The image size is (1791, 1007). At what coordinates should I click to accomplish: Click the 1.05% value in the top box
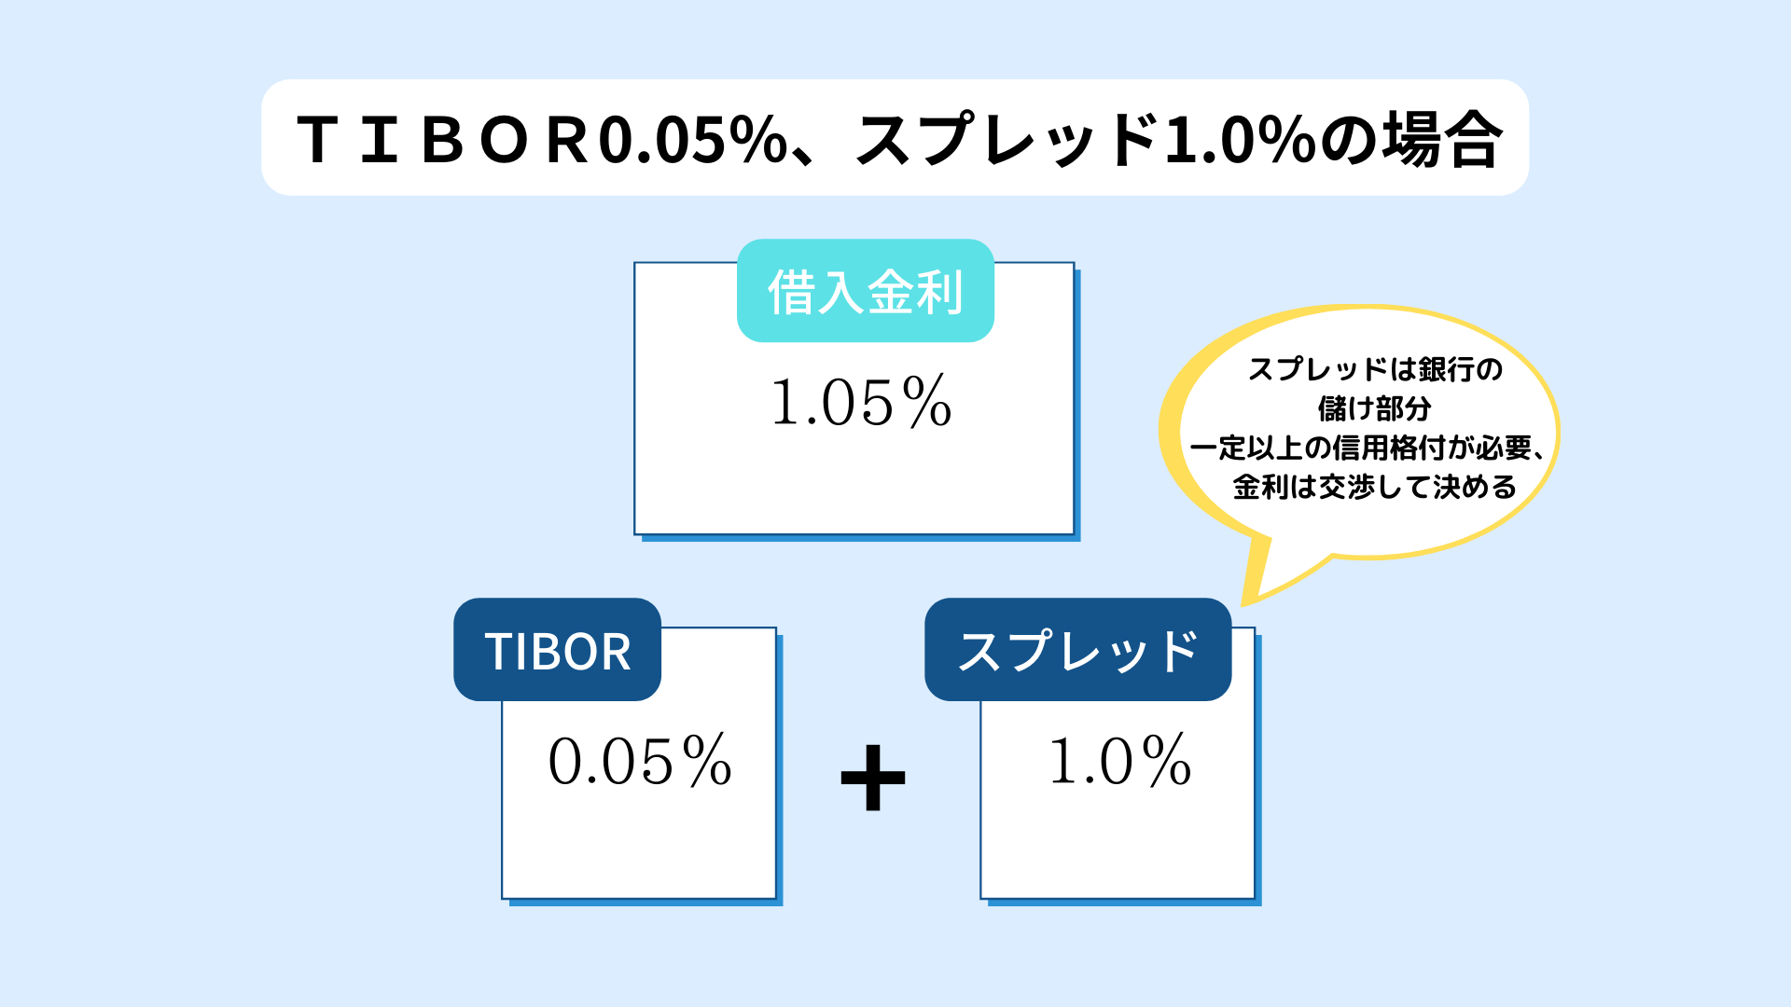(x=861, y=403)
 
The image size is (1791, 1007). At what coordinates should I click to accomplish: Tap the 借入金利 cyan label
(x=865, y=291)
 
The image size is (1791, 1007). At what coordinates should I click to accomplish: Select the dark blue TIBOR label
(x=557, y=650)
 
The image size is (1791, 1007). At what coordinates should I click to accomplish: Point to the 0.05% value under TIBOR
(x=640, y=761)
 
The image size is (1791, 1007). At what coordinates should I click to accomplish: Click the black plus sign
(x=873, y=778)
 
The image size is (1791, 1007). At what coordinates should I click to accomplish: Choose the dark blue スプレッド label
(x=1077, y=650)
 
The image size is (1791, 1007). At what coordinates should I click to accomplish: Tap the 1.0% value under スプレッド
(x=1120, y=761)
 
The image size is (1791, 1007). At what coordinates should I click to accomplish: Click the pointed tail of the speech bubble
(x=1246, y=601)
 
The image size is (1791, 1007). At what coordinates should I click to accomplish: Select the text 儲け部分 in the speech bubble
(x=1374, y=408)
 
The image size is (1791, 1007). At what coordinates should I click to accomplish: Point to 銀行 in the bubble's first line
(x=1447, y=369)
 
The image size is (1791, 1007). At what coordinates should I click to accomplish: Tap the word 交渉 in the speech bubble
(x=1348, y=487)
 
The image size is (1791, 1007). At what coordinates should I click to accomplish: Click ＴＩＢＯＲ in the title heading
(x=442, y=141)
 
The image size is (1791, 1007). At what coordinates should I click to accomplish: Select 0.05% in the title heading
(x=693, y=141)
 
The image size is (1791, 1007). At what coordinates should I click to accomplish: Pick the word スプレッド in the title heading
(x=1007, y=140)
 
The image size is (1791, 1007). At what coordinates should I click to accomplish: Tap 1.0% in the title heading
(x=1241, y=141)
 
